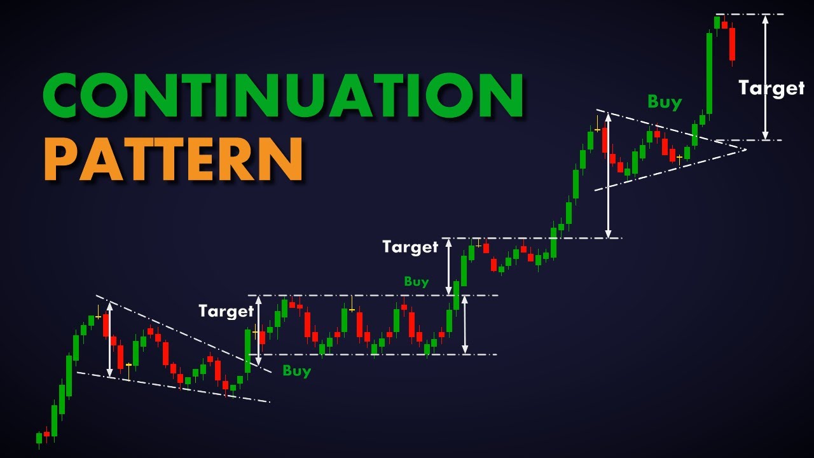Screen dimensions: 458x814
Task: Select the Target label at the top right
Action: point(771,88)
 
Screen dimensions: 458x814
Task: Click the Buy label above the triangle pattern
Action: point(665,102)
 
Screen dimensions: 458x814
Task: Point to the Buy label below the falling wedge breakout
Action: point(297,371)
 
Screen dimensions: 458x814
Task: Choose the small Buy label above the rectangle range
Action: point(417,281)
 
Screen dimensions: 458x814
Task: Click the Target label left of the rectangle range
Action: point(226,311)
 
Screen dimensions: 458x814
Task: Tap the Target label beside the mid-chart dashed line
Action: point(410,247)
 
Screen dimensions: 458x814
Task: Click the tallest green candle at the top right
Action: point(709,73)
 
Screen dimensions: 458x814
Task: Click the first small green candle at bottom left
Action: point(39,438)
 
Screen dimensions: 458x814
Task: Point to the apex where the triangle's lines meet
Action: point(744,149)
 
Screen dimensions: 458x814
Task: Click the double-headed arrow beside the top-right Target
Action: point(765,77)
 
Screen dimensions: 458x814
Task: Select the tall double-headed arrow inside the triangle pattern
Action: point(608,175)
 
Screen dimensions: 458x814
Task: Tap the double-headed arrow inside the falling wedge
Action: point(109,339)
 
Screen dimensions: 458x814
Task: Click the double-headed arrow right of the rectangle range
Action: point(465,324)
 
